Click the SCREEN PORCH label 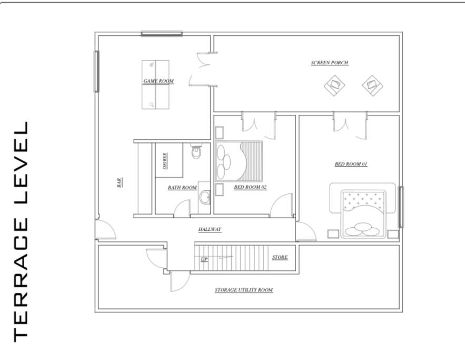point(330,63)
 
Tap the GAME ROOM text point(159,81)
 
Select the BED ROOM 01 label point(351,164)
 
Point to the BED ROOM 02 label point(250,187)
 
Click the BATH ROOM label point(182,188)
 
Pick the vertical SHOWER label point(165,161)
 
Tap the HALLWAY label point(210,229)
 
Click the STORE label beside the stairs point(280,257)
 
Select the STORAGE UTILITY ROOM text point(244,290)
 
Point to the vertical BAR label point(119,182)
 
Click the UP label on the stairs point(204,259)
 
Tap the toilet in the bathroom point(196,151)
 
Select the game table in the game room point(155,84)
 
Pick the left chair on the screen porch point(334,85)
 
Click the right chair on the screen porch point(372,85)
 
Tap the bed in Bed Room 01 point(363,213)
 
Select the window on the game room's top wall point(162,34)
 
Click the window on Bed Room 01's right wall point(401,207)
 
